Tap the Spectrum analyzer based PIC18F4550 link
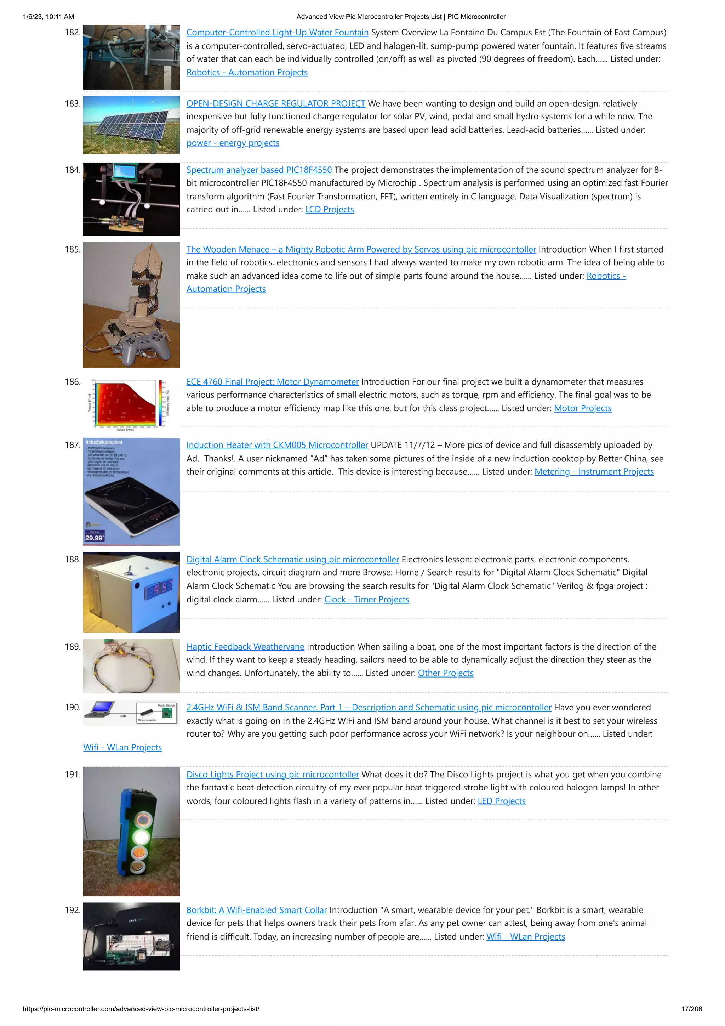tap(259, 170)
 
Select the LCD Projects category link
tap(330, 210)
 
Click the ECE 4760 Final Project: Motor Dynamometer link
tap(273, 382)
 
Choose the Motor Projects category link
tap(582, 408)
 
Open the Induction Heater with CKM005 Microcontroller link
tap(277, 445)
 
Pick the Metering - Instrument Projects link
tap(594, 472)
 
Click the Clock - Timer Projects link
tap(366, 600)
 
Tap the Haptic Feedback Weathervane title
tap(245, 647)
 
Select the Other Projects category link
tap(445, 673)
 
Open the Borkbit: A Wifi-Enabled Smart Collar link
tap(256, 910)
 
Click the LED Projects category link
tap(501, 801)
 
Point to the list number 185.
tap(72, 250)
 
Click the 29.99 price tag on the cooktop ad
tap(94, 538)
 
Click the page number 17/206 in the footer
tap(691, 1009)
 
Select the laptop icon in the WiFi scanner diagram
tap(101, 708)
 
